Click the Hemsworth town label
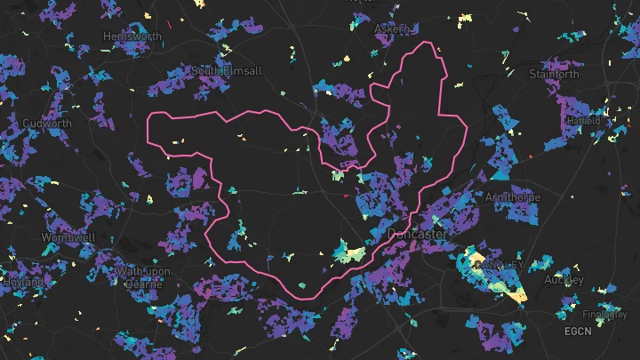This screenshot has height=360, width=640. pyautogui.click(x=132, y=36)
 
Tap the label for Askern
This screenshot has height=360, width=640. pyautogui.click(x=392, y=29)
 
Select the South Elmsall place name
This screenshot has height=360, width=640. pyautogui.click(x=227, y=70)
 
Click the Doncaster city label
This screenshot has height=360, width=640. pyautogui.click(x=417, y=233)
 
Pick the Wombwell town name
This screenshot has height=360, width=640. pyautogui.click(x=63, y=237)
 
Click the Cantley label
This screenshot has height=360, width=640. pyautogui.click(x=500, y=265)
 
